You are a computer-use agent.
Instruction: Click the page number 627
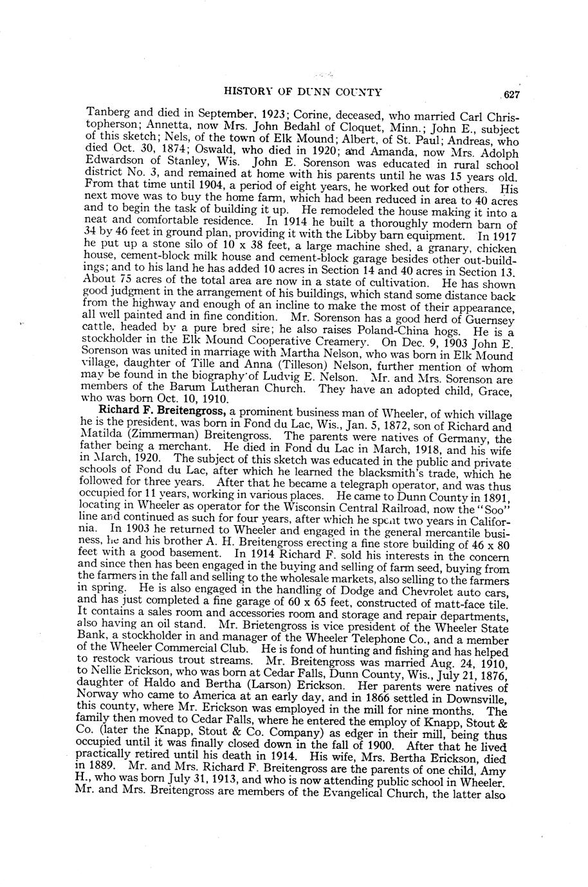coord(511,95)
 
